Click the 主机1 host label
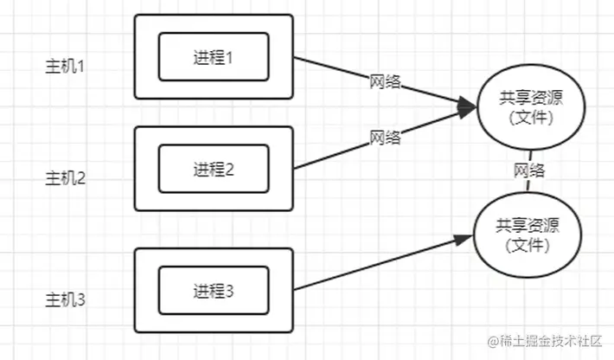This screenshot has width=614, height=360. point(64,66)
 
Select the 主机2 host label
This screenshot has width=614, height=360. point(64,178)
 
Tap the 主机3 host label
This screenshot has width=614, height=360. point(64,300)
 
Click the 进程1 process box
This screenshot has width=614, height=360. point(214,57)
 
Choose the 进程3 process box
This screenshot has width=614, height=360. point(214,291)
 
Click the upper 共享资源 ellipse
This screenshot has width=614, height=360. point(527,106)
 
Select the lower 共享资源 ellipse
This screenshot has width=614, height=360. point(527,235)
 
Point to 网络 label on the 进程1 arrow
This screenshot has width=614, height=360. point(385,83)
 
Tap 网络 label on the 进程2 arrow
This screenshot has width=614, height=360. point(385,137)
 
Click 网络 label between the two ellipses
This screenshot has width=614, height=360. point(528,170)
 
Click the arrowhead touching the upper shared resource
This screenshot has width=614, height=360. point(468,106)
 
